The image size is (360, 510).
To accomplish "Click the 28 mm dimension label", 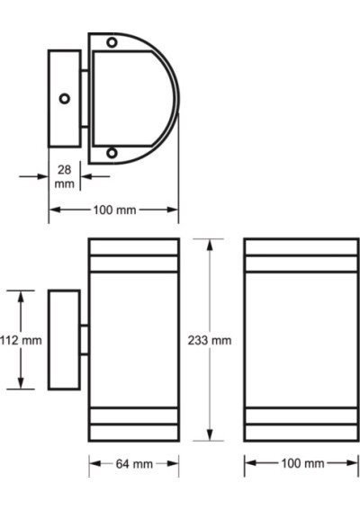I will (x=64, y=175).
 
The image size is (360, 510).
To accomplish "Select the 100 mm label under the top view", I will (x=114, y=210).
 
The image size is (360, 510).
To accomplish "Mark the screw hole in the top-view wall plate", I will (x=63, y=99).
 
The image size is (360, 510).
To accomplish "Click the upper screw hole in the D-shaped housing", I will (x=112, y=42).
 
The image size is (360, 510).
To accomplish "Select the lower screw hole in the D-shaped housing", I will (x=112, y=154).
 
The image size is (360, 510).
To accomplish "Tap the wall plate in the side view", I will (x=63, y=339).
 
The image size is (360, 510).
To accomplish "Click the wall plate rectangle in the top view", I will (x=64, y=99).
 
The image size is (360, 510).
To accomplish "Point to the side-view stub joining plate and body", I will (x=84, y=339).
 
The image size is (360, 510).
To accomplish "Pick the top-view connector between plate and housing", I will (x=84, y=99).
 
